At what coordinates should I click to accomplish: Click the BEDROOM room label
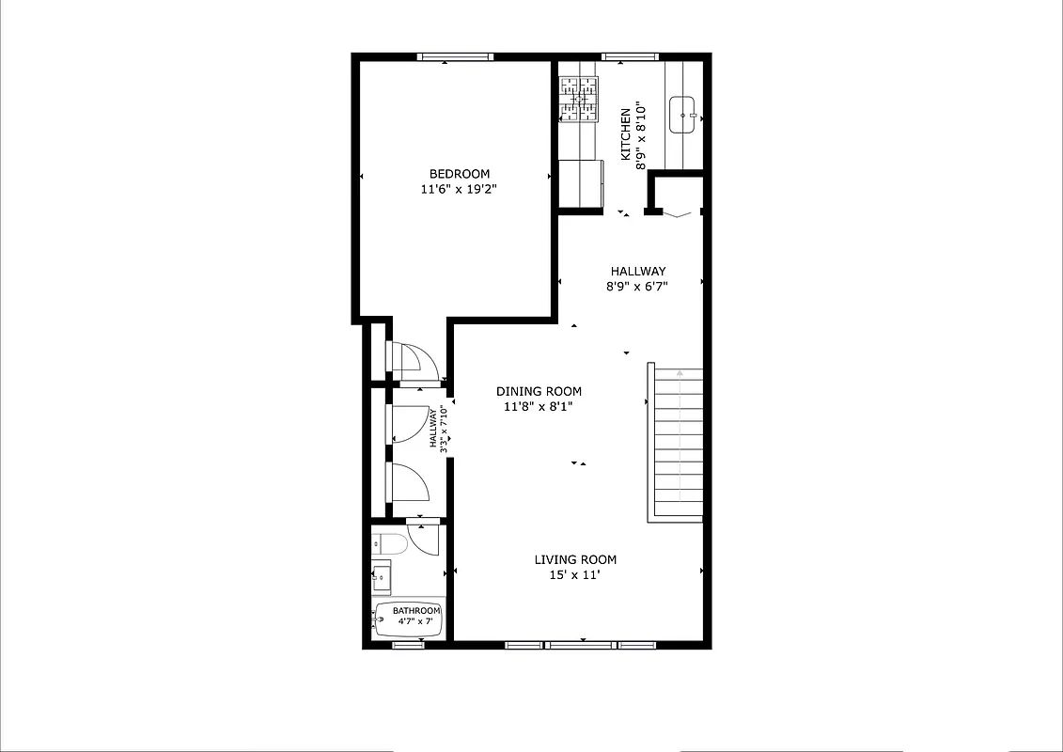(x=460, y=174)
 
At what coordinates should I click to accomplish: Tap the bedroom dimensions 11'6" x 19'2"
(x=460, y=189)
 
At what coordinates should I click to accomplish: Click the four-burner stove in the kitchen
(x=580, y=100)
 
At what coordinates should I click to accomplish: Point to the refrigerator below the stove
(x=580, y=181)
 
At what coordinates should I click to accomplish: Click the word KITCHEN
(x=625, y=134)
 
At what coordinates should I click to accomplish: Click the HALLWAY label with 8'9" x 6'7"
(x=637, y=272)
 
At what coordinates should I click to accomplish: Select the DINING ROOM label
(x=539, y=392)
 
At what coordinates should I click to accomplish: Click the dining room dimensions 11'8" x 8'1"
(x=539, y=407)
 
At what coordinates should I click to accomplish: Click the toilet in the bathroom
(x=388, y=542)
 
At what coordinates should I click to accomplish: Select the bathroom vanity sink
(x=381, y=576)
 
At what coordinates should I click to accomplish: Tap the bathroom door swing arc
(x=425, y=540)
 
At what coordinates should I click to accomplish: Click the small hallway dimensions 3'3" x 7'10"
(x=439, y=428)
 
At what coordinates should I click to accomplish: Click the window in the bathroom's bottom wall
(x=408, y=645)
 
